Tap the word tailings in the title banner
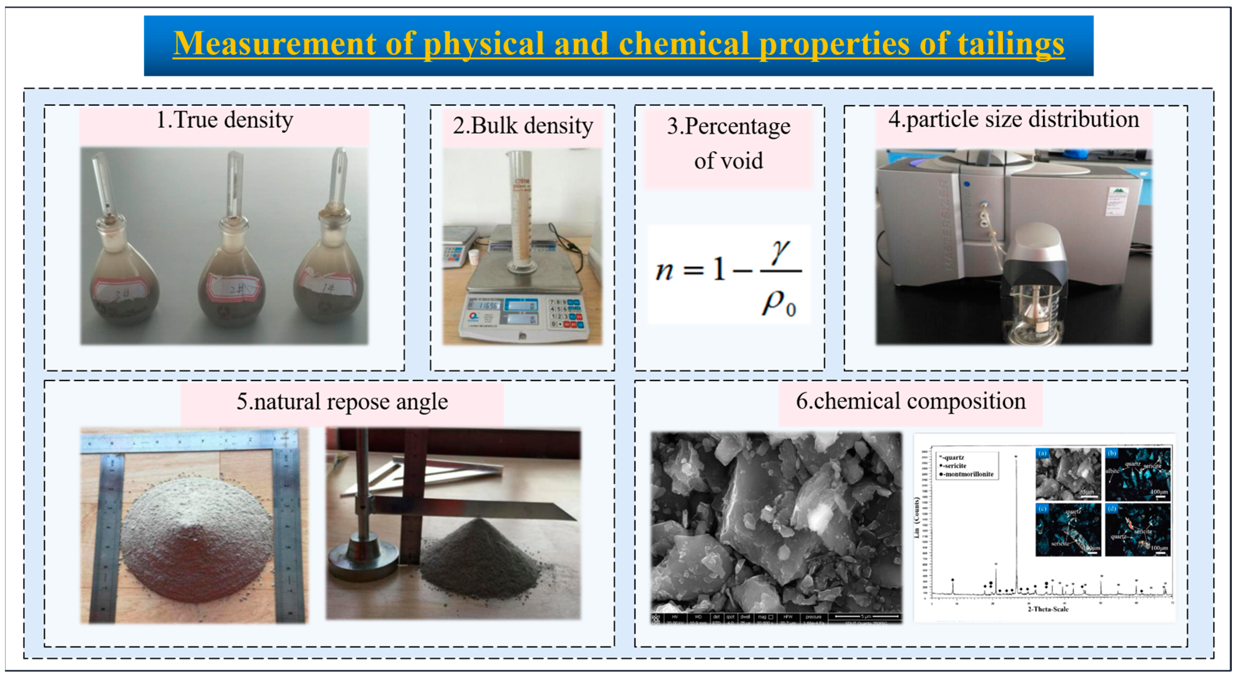1011,44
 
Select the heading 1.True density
225,120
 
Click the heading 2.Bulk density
523,126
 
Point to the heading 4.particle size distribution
1013,119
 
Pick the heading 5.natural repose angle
342,402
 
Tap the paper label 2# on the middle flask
232,290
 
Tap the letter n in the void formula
665,271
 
